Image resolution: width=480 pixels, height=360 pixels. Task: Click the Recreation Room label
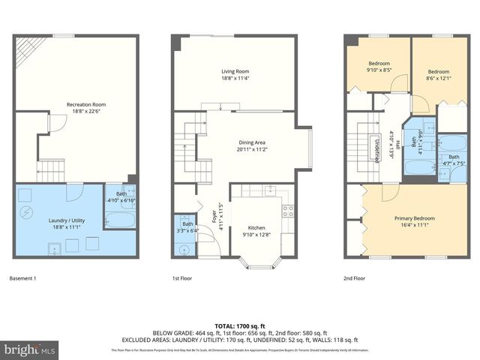(86, 107)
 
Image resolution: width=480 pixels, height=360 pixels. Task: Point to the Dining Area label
(253, 145)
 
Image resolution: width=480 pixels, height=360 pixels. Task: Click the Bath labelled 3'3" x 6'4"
(187, 228)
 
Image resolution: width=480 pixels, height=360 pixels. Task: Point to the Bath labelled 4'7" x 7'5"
(454, 160)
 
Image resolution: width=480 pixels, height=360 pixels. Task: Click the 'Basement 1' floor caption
(22, 279)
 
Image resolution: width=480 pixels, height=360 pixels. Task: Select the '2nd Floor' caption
(354, 279)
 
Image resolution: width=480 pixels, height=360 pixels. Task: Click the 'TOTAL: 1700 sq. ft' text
(240, 326)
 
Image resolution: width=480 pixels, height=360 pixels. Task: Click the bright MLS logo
(30, 349)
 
